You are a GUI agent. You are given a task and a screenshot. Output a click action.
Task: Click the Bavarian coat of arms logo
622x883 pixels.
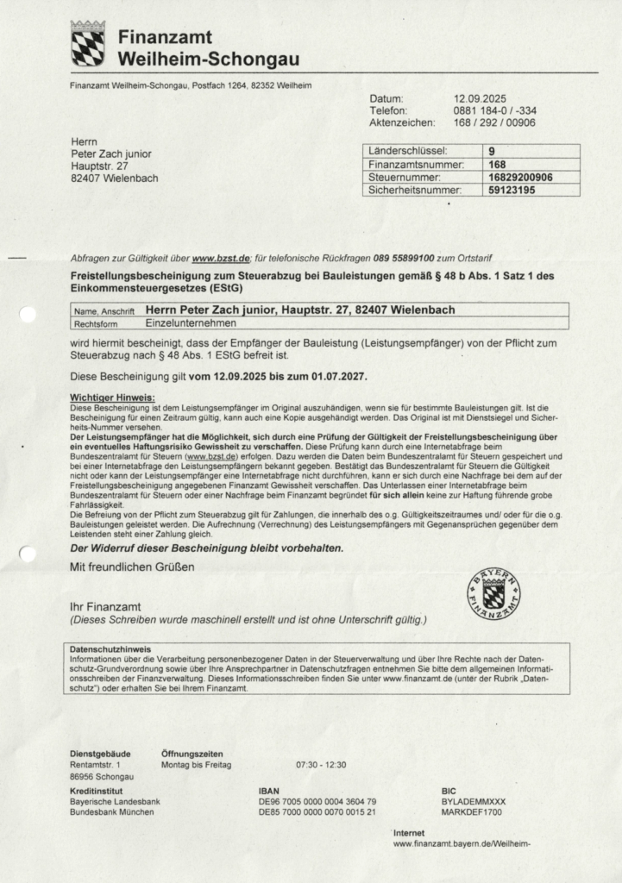coord(88,44)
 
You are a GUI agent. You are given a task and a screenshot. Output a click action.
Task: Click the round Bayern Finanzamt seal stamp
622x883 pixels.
coord(493,594)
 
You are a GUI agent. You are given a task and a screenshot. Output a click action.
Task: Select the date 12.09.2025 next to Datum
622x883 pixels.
coord(480,98)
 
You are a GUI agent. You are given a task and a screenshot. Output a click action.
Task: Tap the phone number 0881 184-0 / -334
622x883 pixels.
coord(494,110)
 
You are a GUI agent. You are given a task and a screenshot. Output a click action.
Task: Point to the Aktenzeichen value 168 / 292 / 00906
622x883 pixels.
coord(494,122)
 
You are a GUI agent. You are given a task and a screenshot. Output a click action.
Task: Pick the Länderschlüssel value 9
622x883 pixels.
coord(492,151)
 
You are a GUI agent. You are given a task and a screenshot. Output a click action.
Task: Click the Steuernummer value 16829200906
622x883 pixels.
coord(520,177)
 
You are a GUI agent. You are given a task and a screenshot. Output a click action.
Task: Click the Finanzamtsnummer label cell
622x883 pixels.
coord(417,164)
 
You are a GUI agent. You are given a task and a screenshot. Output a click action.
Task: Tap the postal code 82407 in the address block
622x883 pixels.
coord(85,178)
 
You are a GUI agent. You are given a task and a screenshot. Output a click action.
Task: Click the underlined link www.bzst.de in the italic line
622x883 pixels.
coord(221,258)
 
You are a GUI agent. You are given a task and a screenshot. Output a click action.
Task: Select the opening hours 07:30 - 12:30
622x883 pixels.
coord(321,765)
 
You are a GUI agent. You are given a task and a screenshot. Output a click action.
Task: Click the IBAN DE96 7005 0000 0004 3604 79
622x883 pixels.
coord(317,801)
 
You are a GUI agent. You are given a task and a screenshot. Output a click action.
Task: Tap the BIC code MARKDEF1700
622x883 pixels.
coord(472,812)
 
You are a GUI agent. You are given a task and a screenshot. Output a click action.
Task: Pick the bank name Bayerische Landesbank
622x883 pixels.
coord(115,801)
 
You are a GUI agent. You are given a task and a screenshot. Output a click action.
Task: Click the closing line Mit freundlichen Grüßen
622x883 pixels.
coord(132,567)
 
